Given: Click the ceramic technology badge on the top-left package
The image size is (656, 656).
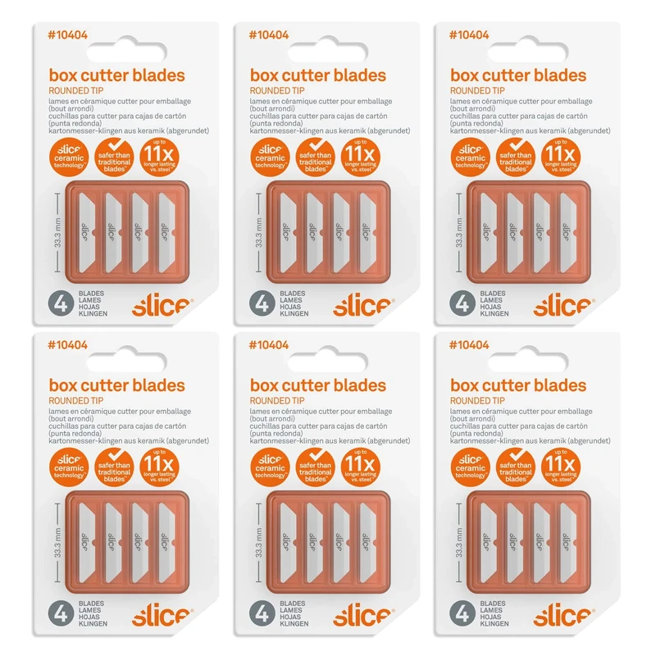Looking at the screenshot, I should click(67, 155).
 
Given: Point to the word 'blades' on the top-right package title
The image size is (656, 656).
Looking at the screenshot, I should click(558, 75).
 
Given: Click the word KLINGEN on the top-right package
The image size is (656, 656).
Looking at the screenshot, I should click(493, 314).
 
